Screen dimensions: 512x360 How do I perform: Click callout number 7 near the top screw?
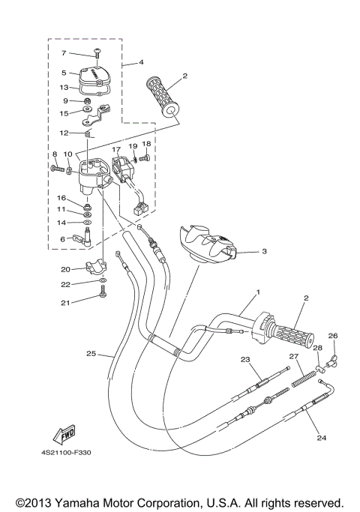point(64,53)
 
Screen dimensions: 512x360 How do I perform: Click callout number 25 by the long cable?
point(91,354)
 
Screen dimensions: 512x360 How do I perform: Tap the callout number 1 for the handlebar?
point(257,292)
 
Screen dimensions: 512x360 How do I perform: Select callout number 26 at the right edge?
point(333,336)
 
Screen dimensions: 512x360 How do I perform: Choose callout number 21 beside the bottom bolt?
point(65,304)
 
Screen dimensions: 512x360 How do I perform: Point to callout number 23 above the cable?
point(245,360)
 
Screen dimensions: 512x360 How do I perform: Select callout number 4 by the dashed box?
point(140,64)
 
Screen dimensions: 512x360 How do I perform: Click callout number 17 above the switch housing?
point(116,149)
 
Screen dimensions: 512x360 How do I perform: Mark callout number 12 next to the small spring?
point(65,133)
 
